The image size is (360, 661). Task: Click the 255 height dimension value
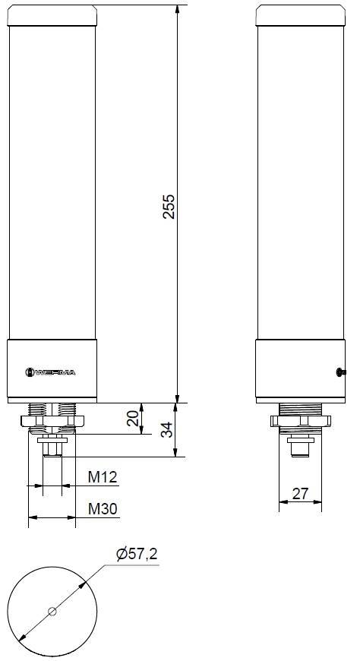169,206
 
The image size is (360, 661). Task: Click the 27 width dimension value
301,494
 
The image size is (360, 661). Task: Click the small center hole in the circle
52,611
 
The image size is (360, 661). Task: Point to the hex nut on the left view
52,420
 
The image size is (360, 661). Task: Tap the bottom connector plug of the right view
300,449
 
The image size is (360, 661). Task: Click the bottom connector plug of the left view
52,448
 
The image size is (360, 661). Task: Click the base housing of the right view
296,370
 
